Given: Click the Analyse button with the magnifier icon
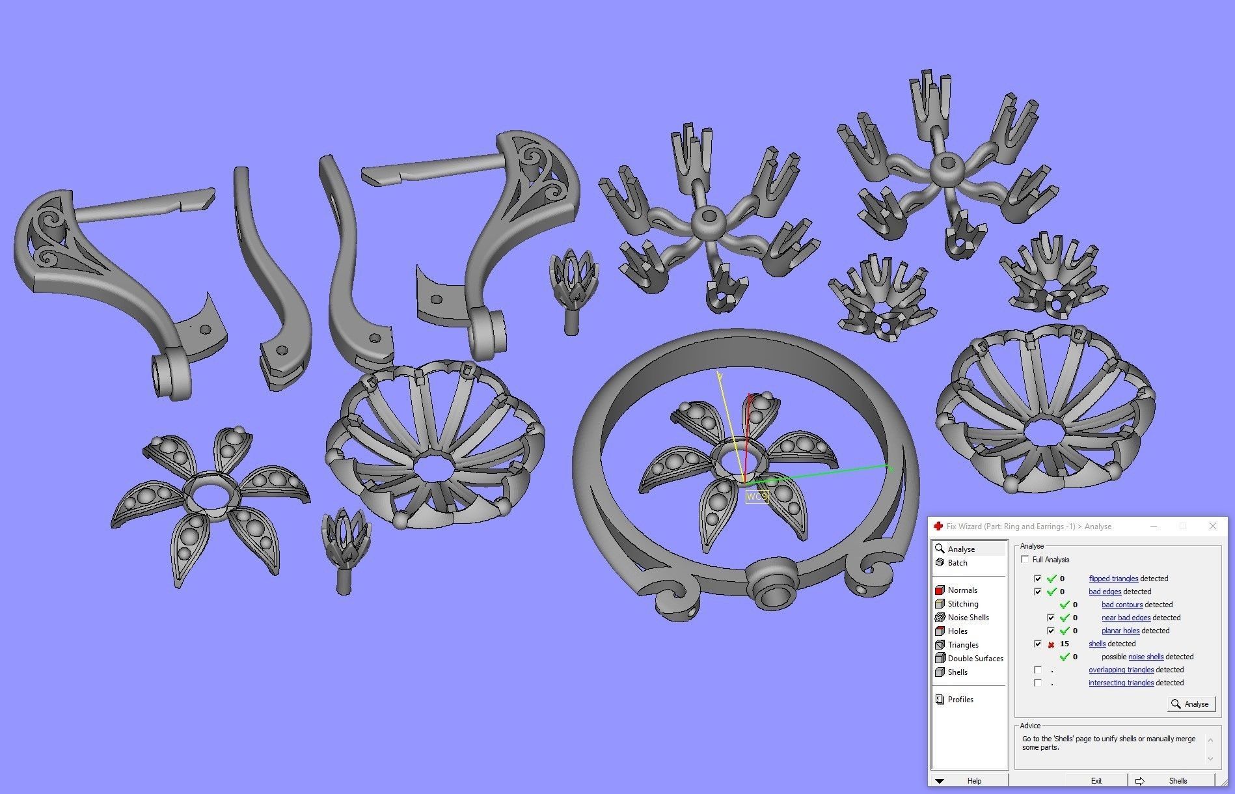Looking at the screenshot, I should [x=1191, y=704].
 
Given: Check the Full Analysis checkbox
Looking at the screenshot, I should [x=1025, y=560].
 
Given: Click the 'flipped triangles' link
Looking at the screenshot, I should [x=1113, y=579].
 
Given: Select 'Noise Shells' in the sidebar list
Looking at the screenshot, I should [x=968, y=618].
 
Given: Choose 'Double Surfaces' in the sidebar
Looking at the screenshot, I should [x=975, y=659].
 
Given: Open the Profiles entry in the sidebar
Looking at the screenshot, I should [x=960, y=700].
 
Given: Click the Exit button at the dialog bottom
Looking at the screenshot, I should [x=1096, y=780].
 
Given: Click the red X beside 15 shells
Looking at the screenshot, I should [x=1051, y=644].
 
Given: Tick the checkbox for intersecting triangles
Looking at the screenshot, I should [x=1037, y=683].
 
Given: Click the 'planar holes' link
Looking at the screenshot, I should [x=1120, y=631].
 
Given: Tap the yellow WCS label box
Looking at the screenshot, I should [x=757, y=497].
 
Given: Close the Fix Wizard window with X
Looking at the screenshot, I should [x=1212, y=526].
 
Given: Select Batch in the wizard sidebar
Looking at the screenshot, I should [x=957, y=563].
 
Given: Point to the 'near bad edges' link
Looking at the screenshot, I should [x=1126, y=618].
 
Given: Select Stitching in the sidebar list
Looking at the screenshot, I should [x=962, y=604].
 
